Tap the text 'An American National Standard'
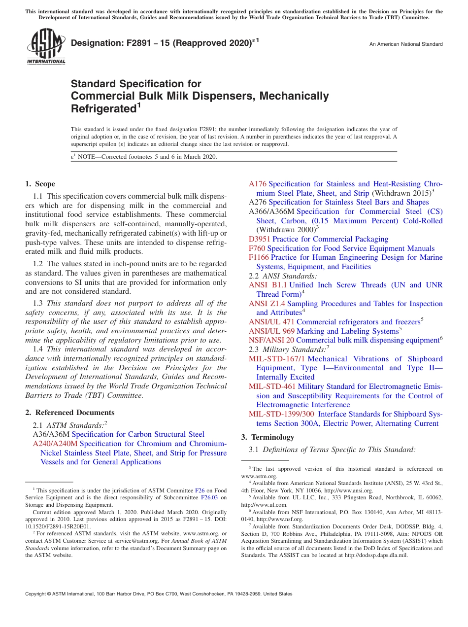(406, 44)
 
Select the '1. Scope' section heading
(40, 184)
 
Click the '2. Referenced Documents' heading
(69, 413)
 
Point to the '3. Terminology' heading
(267, 437)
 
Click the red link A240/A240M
(55, 444)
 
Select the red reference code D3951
(260, 239)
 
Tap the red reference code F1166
(259, 257)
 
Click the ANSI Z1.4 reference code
(267, 304)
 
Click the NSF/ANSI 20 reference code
(271, 340)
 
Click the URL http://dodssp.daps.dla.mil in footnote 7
(377, 555)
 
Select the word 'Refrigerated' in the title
(103, 108)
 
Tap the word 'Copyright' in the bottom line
(35, 594)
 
